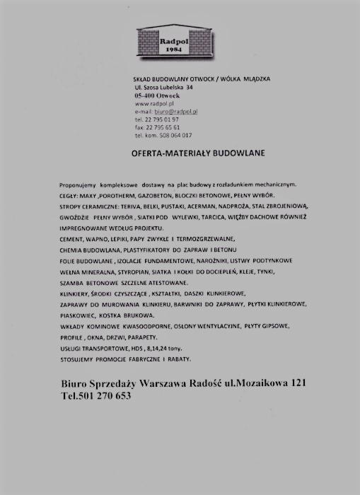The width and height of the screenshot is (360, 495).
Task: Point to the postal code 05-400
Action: click(x=144, y=95)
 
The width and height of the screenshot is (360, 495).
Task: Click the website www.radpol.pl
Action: click(x=149, y=104)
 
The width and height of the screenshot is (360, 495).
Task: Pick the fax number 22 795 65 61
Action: click(x=161, y=127)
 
